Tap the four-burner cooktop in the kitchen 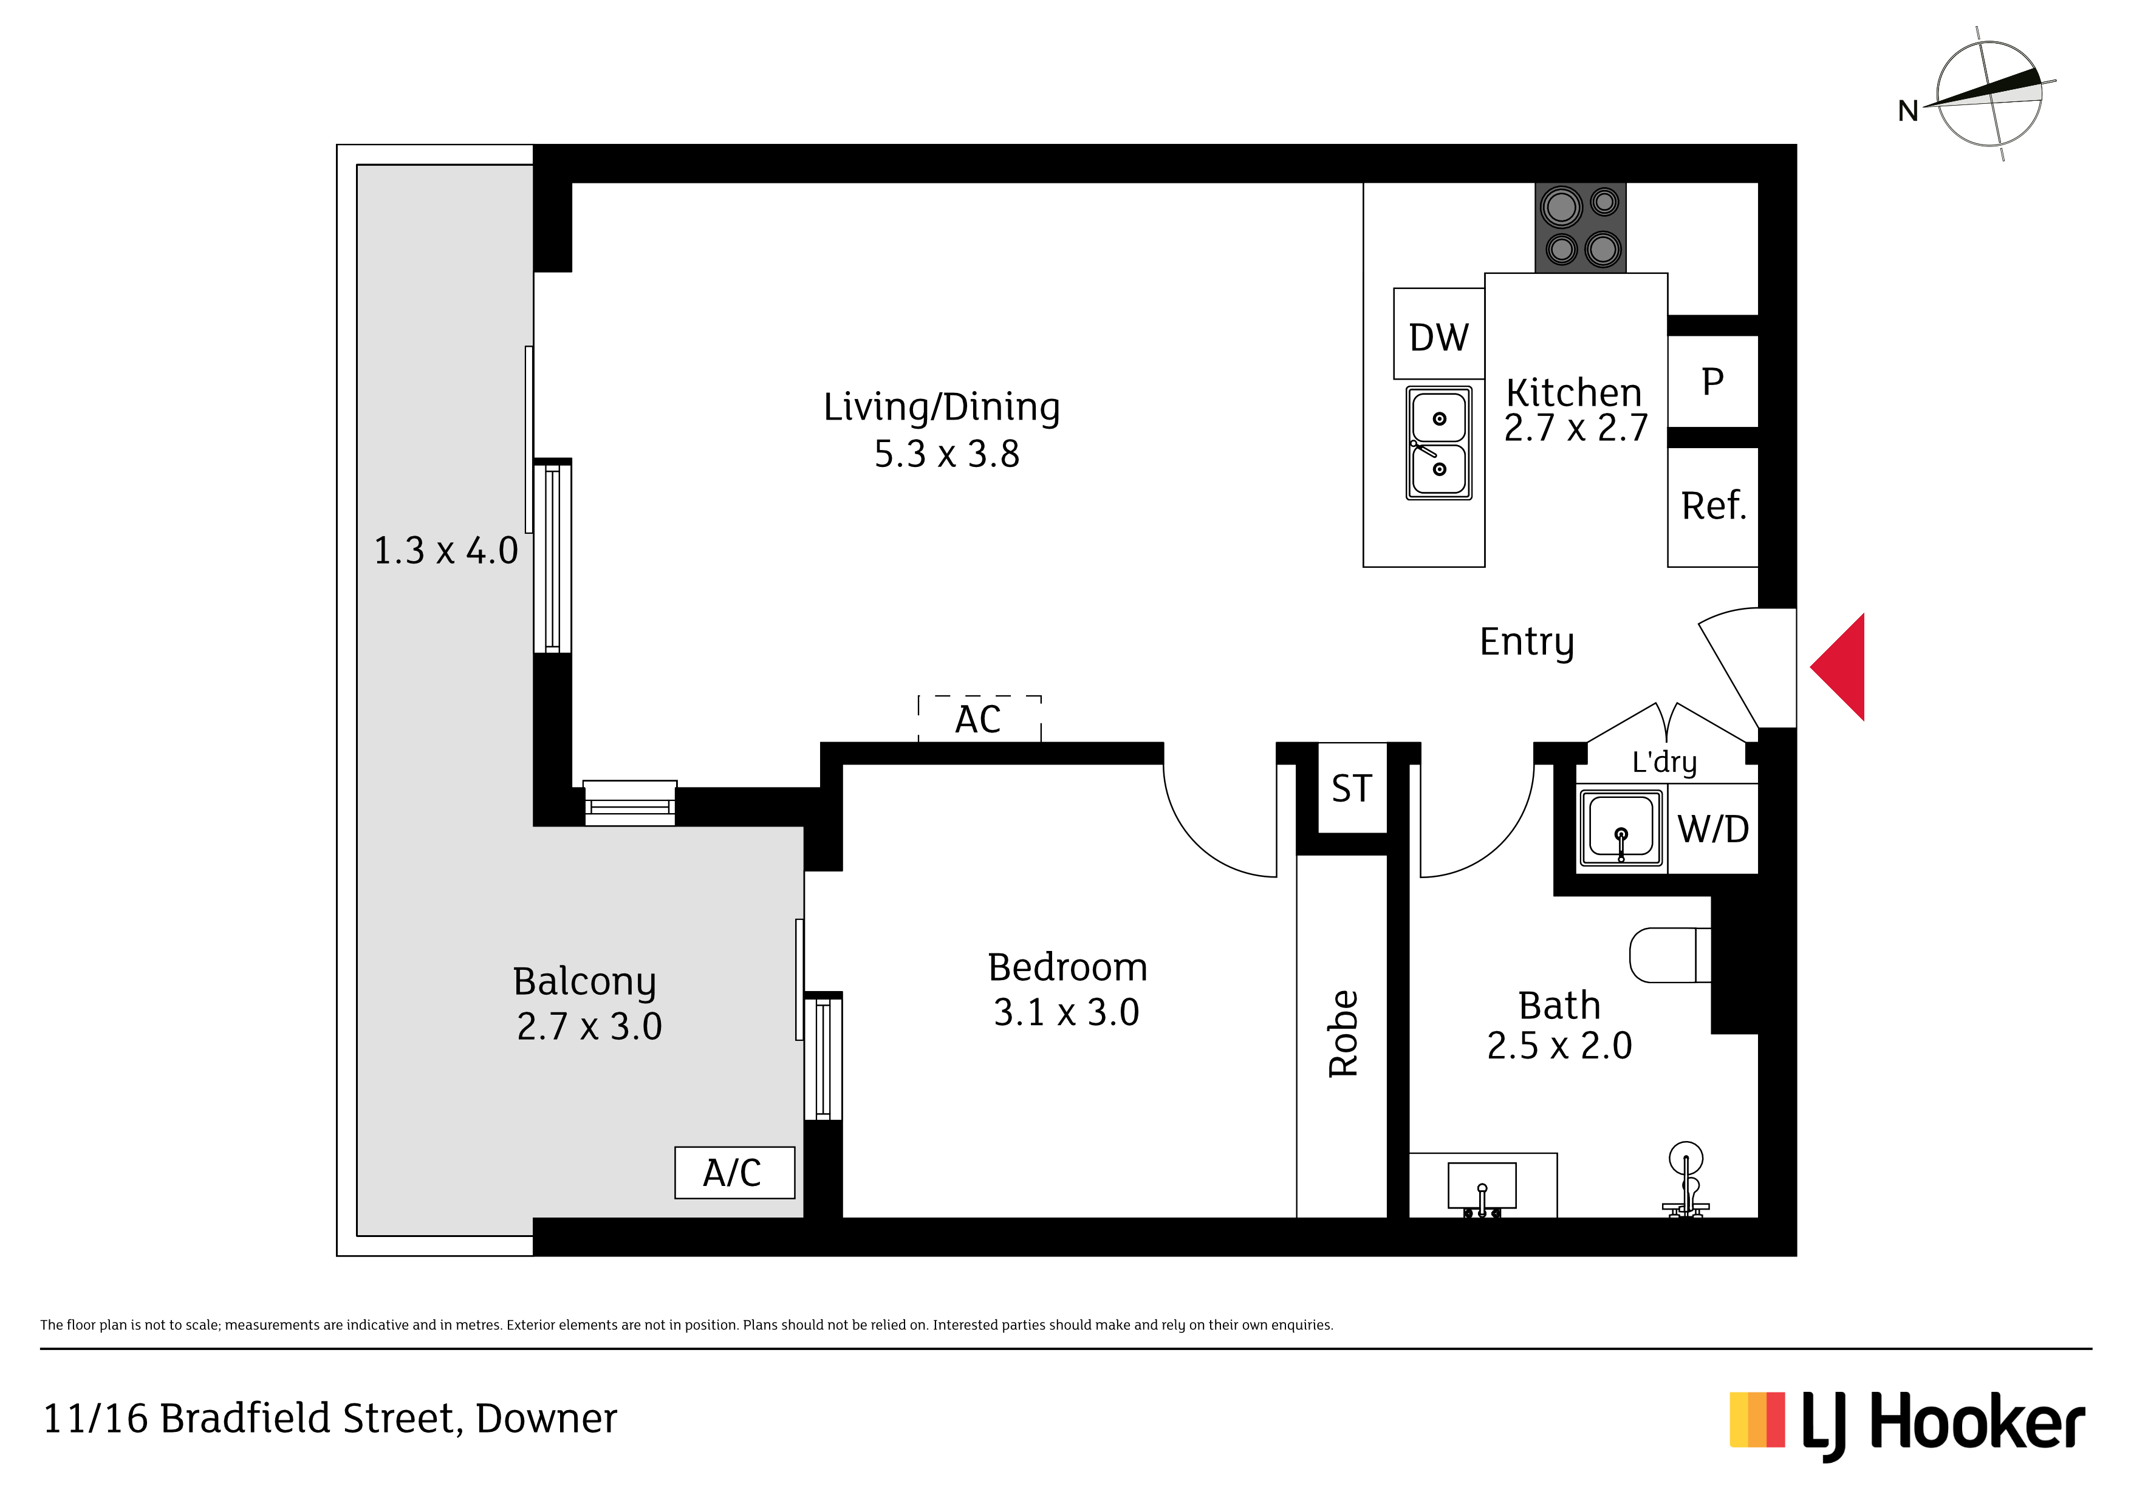[1581, 227]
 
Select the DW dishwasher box [1438, 334]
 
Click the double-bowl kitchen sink [1438, 443]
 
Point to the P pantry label [1712, 381]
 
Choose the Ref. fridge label [1713, 506]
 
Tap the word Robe [1343, 1034]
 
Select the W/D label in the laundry [1713, 829]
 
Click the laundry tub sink [1621, 828]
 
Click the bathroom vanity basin [1482, 1188]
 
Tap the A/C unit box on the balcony [734, 1173]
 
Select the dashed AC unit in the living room [979, 718]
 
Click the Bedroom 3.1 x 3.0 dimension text [1067, 1012]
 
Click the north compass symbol [1987, 94]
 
